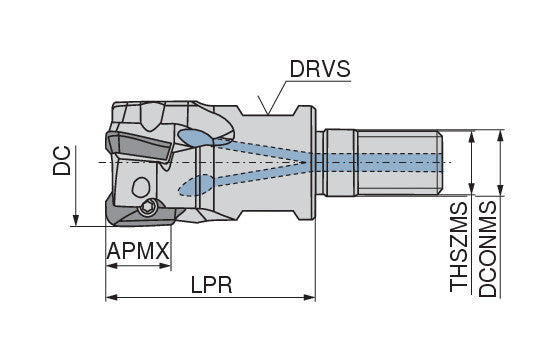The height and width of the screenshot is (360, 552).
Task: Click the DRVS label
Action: [x=320, y=69]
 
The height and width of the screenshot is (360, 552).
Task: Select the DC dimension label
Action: [x=62, y=160]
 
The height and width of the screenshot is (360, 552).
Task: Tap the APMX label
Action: [x=138, y=251]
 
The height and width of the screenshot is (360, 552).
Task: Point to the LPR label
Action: [x=212, y=284]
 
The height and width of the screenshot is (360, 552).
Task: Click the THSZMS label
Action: [x=459, y=247]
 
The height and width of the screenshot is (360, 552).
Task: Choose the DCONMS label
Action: [x=488, y=249]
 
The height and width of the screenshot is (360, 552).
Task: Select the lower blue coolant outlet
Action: [x=196, y=185]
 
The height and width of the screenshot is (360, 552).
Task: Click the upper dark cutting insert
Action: [x=138, y=146]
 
